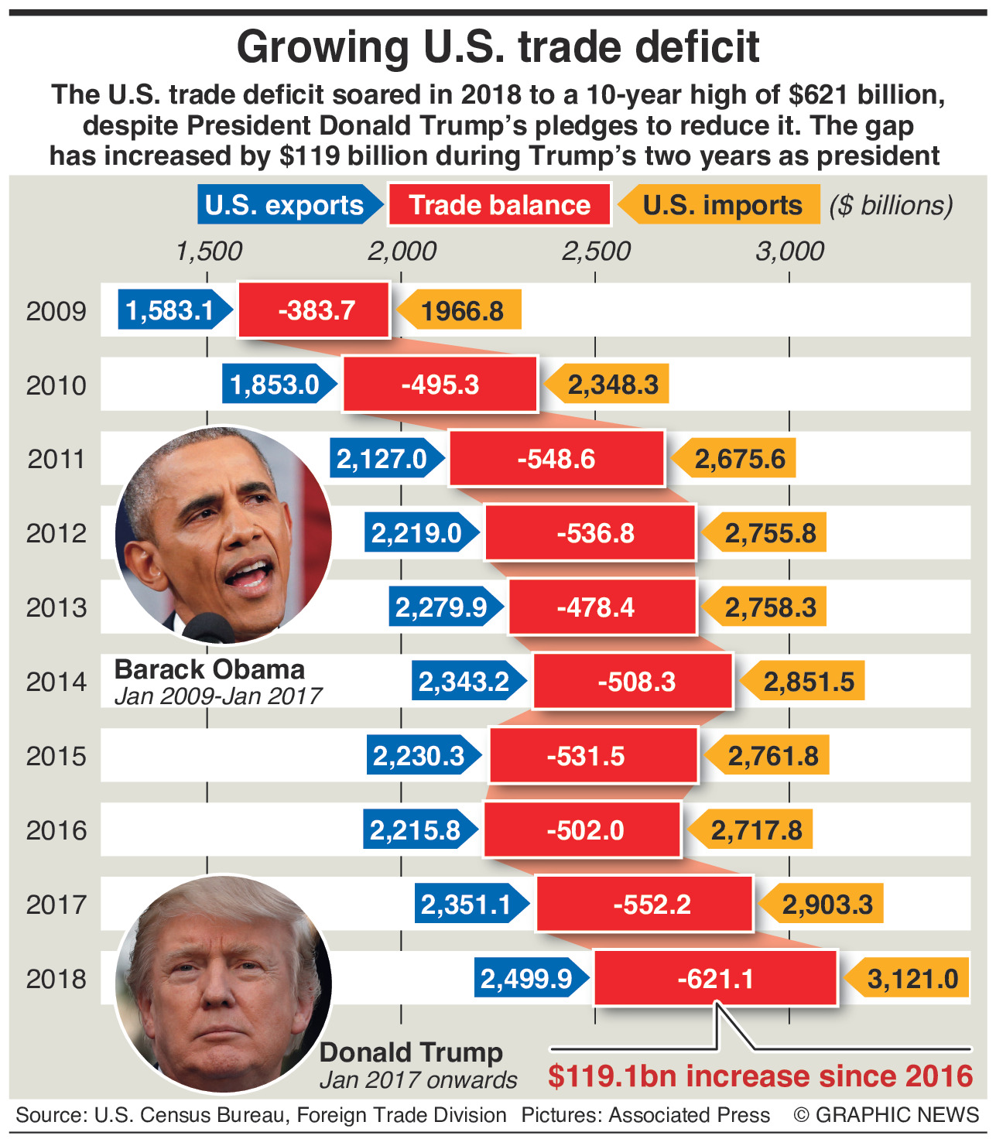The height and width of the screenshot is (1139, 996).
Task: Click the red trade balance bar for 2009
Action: coord(313,310)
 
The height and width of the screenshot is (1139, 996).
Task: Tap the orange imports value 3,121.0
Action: coord(912,979)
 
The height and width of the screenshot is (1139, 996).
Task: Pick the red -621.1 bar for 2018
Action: coord(715,979)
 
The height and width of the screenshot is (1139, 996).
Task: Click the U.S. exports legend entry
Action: coord(286,205)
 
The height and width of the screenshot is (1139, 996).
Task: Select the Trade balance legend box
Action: coord(499,205)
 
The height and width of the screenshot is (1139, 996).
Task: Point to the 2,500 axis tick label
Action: coord(596,251)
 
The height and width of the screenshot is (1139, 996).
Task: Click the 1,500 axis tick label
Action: coord(208,251)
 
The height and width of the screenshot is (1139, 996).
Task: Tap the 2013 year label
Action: coord(56,607)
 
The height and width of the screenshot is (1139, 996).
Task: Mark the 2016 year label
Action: coord(56,830)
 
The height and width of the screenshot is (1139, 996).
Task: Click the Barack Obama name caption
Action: coord(210,669)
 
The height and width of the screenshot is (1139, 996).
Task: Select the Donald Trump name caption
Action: coord(411,1052)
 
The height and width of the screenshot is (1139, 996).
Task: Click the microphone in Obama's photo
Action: coord(207,628)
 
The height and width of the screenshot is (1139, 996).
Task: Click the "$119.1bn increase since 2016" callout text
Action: coord(760,1076)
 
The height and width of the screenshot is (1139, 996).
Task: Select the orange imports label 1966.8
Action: coord(461,311)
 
